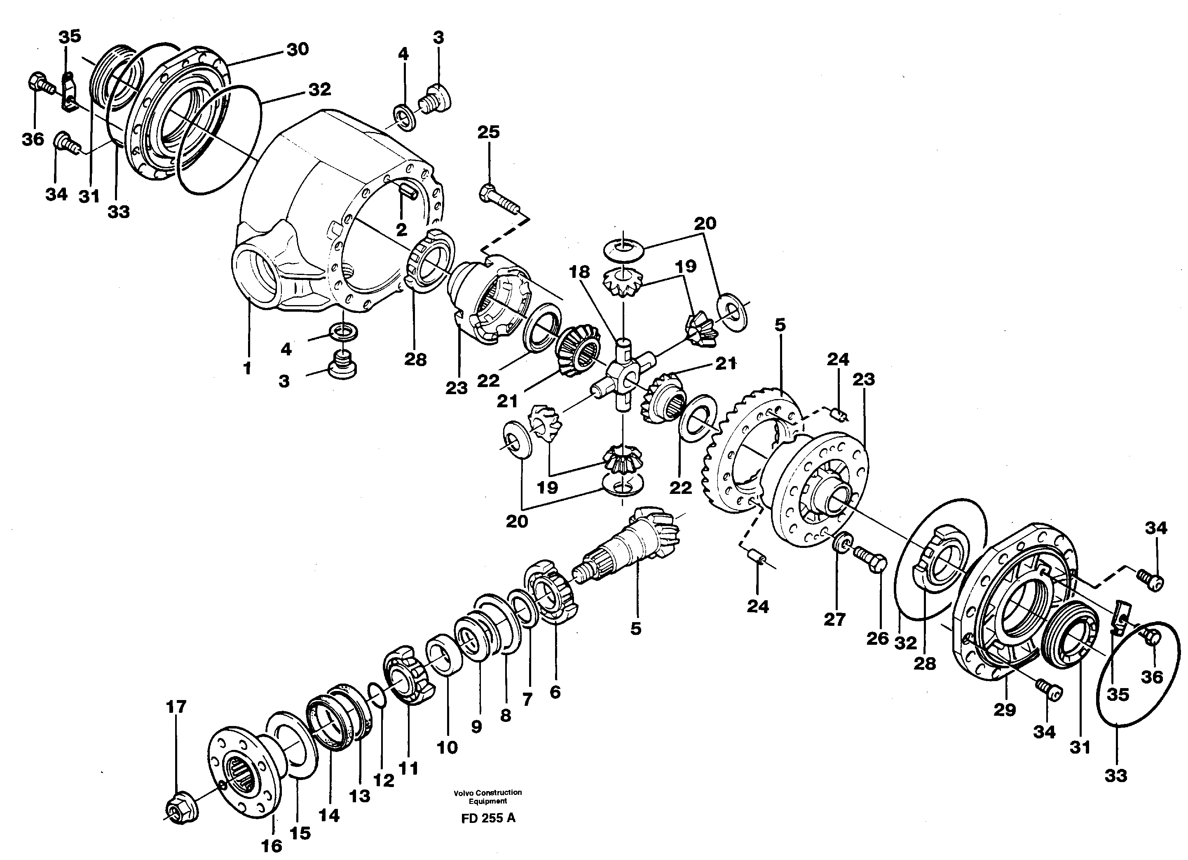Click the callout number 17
(x=176, y=707)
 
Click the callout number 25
(x=488, y=132)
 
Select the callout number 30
(x=298, y=49)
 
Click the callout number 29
(x=1004, y=710)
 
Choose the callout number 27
(x=834, y=620)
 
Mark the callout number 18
(x=579, y=272)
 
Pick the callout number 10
(x=447, y=747)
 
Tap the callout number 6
(x=555, y=692)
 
